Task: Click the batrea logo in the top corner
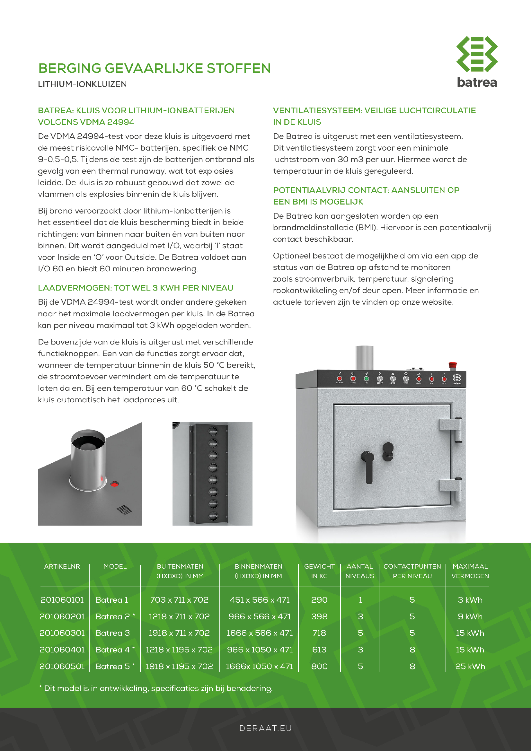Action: (x=477, y=62)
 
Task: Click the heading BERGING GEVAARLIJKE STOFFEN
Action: (x=155, y=68)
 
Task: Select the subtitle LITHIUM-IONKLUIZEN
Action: (x=83, y=84)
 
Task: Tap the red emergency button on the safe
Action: (x=453, y=365)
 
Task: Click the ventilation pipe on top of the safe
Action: (x=364, y=357)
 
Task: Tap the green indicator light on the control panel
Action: (x=367, y=379)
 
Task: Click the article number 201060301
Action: (x=62, y=633)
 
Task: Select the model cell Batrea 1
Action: (x=112, y=600)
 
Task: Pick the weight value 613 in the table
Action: (x=319, y=650)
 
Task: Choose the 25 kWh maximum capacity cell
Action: (x=470, y=666)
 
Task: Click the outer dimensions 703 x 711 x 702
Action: (x=179, y=600)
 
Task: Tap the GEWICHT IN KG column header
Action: (x=319, y=571)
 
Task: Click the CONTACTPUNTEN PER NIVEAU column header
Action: (x=412, y=571)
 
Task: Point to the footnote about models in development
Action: (x=156, y=688)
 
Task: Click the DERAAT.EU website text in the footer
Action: (x=265, y=728)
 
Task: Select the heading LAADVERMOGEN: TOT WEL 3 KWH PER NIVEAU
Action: (x=136, y=288)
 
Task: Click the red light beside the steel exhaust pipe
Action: (x=114, y=484)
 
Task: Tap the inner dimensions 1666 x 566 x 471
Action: (x=260, y=633)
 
